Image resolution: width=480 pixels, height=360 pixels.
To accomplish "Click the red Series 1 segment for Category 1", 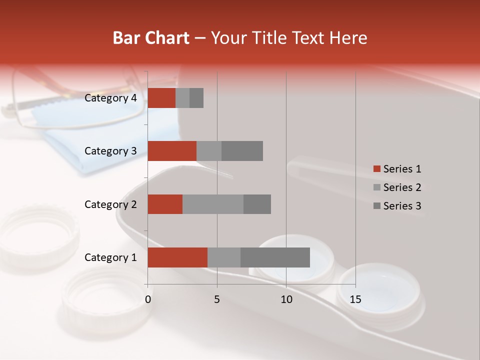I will click(177, 257).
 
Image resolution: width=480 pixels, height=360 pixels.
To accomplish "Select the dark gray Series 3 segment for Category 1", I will click(275, 257).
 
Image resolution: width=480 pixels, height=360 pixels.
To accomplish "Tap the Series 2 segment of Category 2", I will click(213, 204).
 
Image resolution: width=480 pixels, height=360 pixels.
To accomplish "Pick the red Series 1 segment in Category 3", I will click(172, 151).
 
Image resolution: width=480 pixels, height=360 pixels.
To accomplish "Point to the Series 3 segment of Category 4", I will click(196, 98).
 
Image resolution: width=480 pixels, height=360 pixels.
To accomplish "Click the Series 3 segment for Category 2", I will click(257, 204).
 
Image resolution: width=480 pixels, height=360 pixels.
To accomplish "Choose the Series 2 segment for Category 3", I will click(209, 151).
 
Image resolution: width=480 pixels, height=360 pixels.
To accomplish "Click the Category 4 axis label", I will click(110, 98).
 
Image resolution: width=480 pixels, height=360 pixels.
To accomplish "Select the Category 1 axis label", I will click(110, 257).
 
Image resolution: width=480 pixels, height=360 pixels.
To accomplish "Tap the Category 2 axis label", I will click(110, 204).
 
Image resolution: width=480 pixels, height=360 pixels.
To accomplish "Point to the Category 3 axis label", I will click(110, 151).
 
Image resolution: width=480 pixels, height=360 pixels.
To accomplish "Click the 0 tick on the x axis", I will click(148, 299).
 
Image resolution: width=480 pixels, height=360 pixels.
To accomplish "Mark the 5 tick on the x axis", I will click(217, 299).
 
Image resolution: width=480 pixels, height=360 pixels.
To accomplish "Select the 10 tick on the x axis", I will click(286, 299).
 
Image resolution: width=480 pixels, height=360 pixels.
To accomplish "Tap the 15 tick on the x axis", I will click(355, 299).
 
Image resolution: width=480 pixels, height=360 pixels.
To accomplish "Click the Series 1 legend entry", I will click(397, 169).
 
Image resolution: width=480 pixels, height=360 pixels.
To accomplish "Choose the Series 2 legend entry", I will click(397, 187).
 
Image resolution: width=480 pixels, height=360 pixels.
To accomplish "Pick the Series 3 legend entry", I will click(397, 206).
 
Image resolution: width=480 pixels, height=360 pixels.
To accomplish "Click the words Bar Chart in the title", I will click(151, 38).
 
